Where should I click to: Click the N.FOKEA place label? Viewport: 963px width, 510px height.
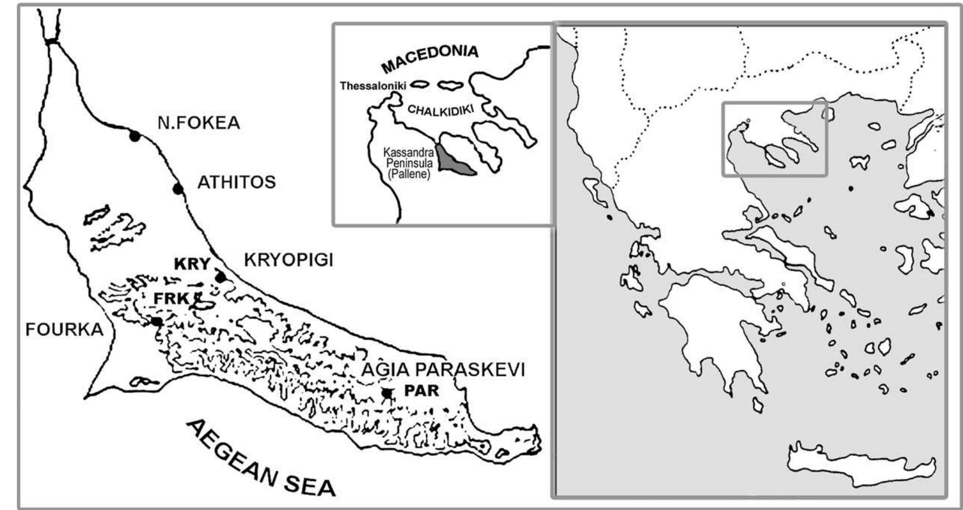199,123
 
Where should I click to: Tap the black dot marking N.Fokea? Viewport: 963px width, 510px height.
134,136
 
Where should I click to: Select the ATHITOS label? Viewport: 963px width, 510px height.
236,182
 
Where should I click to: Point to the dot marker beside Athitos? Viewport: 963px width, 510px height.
177,189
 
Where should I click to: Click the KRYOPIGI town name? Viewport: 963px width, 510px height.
289,261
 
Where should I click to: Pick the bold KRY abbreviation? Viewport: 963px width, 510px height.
192,264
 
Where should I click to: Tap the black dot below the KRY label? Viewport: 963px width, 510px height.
220,277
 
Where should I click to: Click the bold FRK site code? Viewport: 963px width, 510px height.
171,299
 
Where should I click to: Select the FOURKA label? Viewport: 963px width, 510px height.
64,330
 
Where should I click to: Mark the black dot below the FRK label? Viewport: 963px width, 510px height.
157,321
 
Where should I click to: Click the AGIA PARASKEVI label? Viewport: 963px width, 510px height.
443,370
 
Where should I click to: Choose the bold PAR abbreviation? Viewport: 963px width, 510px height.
421,390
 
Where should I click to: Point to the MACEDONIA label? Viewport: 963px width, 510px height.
429,58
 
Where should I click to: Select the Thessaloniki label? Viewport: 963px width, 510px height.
373,86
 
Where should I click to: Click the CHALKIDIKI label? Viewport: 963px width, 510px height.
440,110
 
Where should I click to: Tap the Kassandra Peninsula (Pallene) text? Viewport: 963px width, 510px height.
409,163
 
